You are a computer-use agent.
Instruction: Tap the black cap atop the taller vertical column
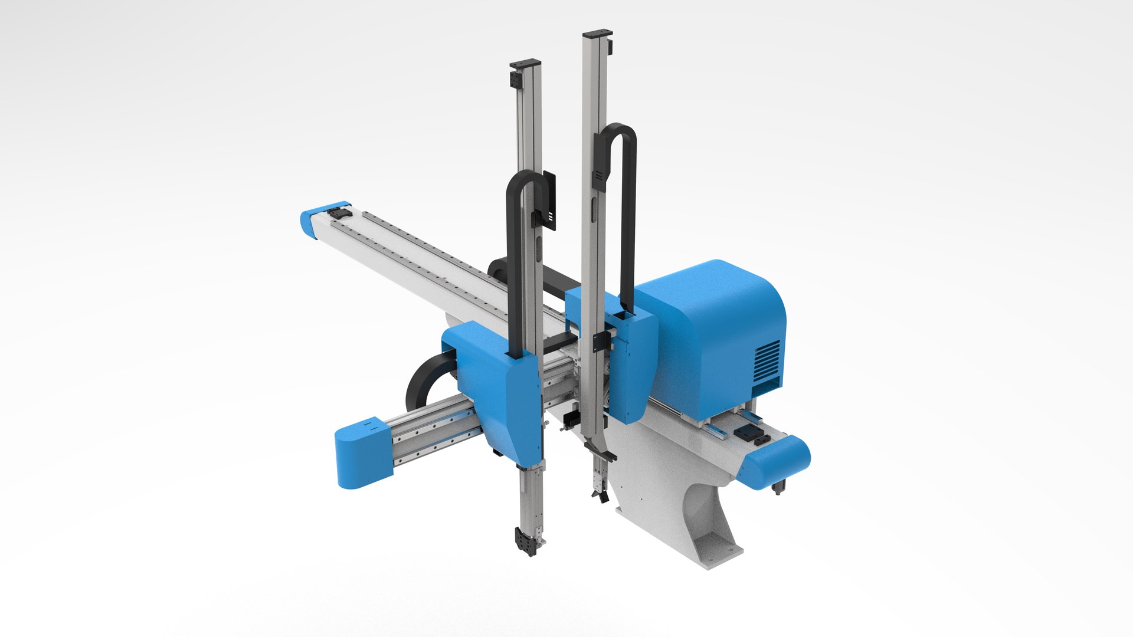pos(597,34)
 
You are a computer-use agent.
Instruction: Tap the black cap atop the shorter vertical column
pos(525,63)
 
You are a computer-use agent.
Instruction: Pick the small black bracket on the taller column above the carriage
pos(601,340)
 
